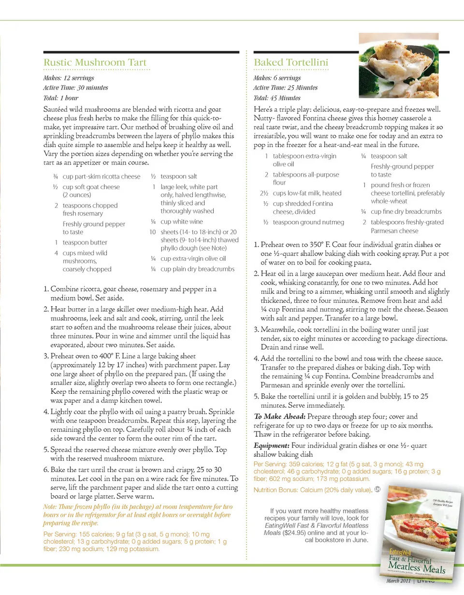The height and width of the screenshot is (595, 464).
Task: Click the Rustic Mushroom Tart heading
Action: pos(95,62)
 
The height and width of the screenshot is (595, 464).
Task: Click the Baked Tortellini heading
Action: pos(291,62)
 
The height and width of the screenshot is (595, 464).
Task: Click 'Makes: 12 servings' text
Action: pos(69,78)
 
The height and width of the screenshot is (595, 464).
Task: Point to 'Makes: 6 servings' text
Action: pos(277,78)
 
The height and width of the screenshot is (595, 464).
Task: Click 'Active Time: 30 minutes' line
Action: pos(76,88)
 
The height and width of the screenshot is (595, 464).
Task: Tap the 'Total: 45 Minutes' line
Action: pos(277,98)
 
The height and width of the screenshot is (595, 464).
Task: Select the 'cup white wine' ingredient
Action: pos(182,222)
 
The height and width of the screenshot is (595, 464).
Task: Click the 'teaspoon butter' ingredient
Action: pos(85,242)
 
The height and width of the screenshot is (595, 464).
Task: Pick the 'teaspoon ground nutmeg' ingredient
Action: pos(309,222)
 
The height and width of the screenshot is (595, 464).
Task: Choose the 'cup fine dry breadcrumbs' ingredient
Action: pos(406,211)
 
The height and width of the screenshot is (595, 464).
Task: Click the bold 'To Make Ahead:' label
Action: pos(279,416)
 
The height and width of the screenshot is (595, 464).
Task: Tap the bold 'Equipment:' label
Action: pos(272,446)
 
